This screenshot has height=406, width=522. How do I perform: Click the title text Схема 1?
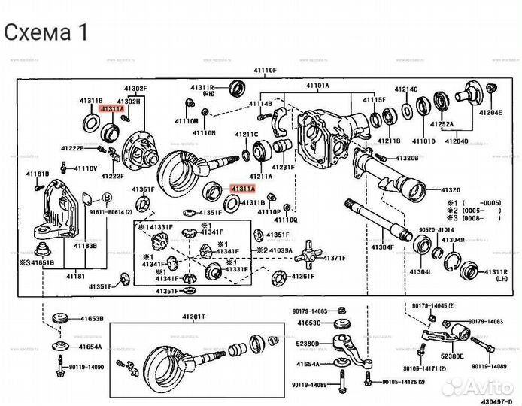click(x=46, y=32)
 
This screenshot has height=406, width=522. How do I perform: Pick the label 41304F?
click(x=382, y=247)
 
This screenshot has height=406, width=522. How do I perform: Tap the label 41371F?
click(x=332, y=258)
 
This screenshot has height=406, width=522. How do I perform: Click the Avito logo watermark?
click(x=474, y=386)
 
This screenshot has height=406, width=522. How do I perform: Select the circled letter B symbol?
click(x=107, y=197)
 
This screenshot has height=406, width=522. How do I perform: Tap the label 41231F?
click(x=283, y=167)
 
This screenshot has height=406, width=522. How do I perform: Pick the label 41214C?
click(x=406, y=89)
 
